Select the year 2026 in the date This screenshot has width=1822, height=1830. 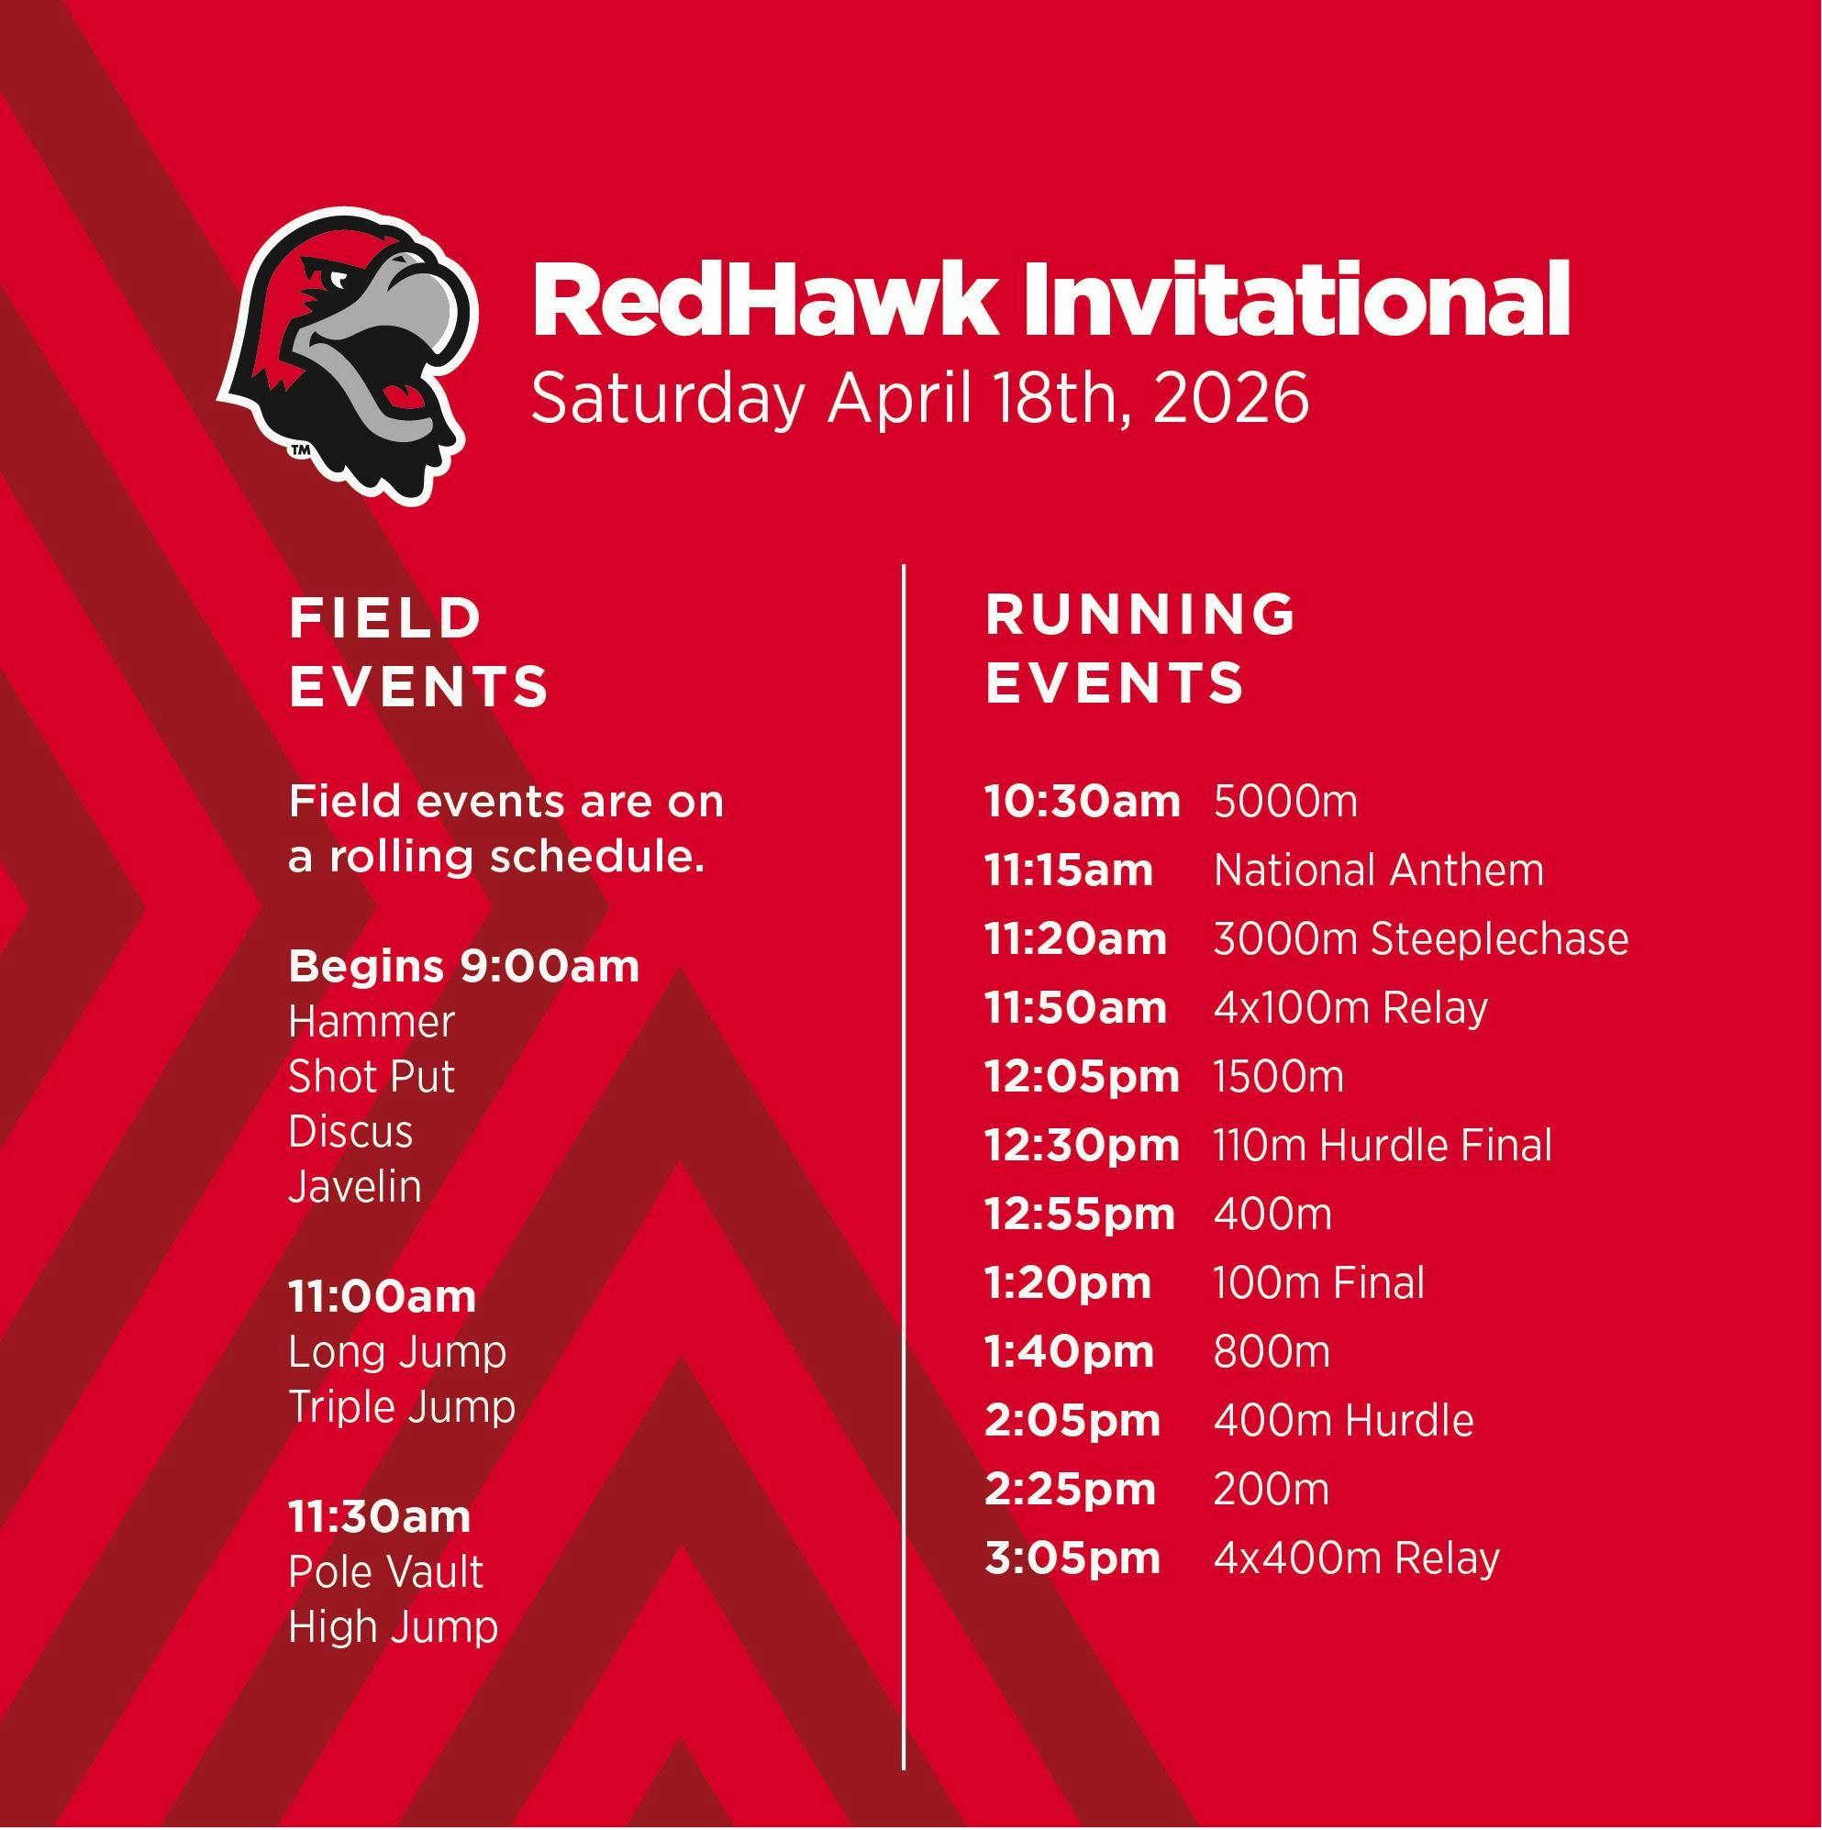click(1231, 399)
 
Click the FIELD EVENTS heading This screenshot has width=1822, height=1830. click(418, 651)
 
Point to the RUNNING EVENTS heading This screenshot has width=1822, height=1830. click(1140, 648)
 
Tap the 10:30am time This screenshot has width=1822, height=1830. click(1082, 802)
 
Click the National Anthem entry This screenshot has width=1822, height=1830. click(1379, 870)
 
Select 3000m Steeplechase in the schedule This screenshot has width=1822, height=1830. click(1421, 939)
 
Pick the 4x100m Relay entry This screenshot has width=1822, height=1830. click(1350, 1008)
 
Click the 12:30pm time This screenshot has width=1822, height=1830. click(1082, 1145)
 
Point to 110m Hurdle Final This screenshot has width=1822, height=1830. click(1383, 1145)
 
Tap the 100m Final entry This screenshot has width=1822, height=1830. click(1319, 1282)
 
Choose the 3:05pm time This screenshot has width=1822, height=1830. click(1072, 1558)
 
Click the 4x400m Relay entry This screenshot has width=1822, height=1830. click(1357, 1558)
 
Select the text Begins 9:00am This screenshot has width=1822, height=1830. click(464, 967)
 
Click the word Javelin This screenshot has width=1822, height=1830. click(354, 1186)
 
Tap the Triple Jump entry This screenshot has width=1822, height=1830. click(402, 1407)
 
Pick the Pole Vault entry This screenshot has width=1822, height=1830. click(385, 1573)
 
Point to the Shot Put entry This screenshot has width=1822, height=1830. click(372, 1077)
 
